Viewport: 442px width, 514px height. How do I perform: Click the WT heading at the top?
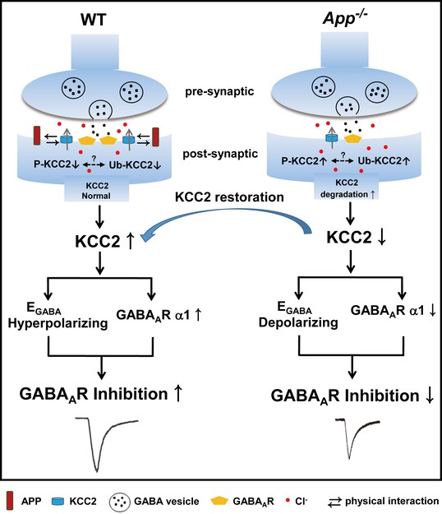pos(94,20)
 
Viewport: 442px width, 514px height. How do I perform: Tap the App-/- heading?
pos(345,18)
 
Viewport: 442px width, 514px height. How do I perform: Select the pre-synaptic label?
pos(219,91)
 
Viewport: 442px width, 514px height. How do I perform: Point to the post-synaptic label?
pos(220,154)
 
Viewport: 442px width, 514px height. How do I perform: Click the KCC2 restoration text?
pos(229,197)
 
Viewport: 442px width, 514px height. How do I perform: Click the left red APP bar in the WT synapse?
pos(38,136)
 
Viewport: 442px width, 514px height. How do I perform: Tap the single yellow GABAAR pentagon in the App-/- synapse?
pos(352,138)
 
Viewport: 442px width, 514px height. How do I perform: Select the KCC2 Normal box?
pos(96,188)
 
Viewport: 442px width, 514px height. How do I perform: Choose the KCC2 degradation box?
pos(347,187)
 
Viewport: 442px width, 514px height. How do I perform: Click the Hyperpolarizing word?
pos(58,323)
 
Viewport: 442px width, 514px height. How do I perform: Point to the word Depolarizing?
pos(298,322)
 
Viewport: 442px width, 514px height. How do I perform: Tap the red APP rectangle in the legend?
pos(10,501)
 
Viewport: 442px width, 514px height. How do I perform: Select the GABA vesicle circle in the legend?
pos(120,501)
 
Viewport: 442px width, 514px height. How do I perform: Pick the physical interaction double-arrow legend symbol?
pos(334,502)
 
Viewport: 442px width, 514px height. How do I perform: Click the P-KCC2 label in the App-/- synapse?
pos(304,161)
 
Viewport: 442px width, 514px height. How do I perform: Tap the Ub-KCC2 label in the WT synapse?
pos(135,164)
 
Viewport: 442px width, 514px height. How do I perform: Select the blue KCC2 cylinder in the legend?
pos(58,501)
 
